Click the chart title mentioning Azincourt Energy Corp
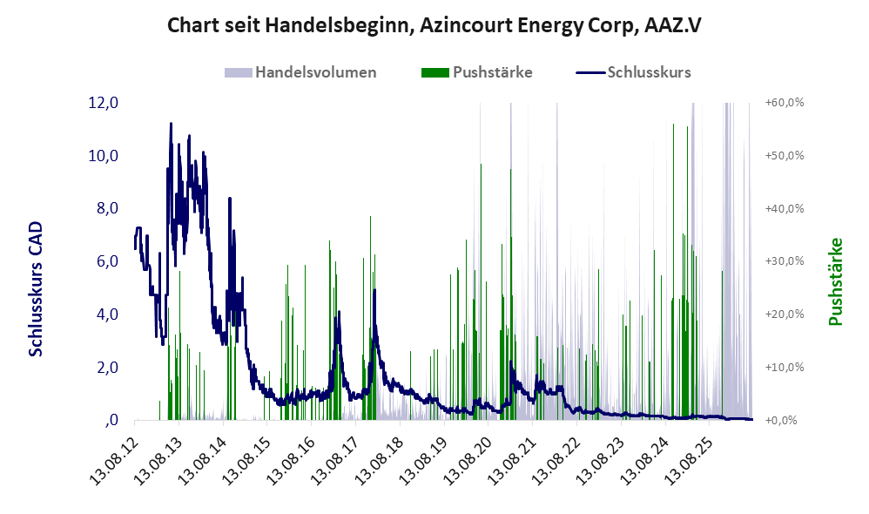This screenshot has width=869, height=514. pyautogui.click(x=434, y=25)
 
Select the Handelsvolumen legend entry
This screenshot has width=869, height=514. pyautogui.click(x=300, y=72)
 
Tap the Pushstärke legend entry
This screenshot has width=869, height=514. pyautogui.click(x=476, y=72)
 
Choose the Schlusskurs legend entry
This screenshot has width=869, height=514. pyautogui.click(x=633, y=72)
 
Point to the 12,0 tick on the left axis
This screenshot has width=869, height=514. pyautogui.click(x=104, y=103)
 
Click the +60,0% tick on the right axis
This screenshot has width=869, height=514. pyautogui.click(x=785, y=103)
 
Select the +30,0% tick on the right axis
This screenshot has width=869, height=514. pyautogui.click(x=785, y=261)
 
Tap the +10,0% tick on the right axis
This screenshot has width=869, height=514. pyautogui.click(x=785, y=367)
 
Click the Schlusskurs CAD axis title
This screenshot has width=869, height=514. pyautogui.click(x=36, y=289)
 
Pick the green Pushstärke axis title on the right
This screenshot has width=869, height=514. pyautogui.click(x=835, y=281)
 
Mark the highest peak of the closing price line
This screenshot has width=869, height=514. pyautogui.click(x=171, y=124)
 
